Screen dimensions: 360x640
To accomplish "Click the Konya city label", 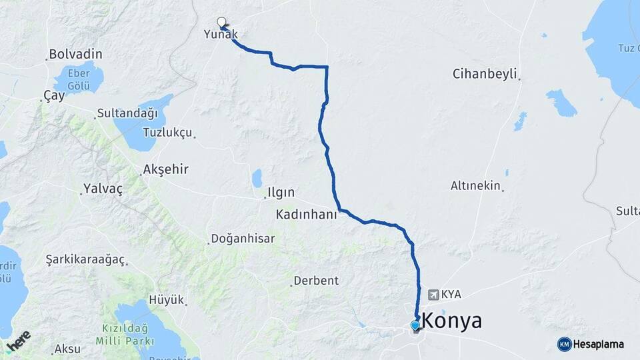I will click(452, 321).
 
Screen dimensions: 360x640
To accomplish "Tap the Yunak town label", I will click(221, 35).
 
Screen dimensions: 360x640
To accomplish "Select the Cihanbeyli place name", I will click(485, 74).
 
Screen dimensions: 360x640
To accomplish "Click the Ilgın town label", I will click(280, 193).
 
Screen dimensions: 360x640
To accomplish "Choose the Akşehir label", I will click(166, 170).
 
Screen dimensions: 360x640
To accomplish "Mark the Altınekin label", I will click(475, 186).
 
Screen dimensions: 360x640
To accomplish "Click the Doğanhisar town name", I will click(243, 239).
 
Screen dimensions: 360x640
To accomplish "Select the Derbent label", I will click(317, 281).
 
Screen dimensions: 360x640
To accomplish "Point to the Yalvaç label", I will click(103, 189).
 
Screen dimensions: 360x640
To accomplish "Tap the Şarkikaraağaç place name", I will click(85, 259).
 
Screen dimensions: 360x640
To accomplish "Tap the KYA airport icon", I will click(434, 294).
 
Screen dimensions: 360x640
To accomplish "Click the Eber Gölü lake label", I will click(79, 79).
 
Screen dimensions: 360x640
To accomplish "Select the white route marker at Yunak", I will click(221, 21).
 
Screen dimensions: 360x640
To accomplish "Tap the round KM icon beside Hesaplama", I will click(564, 344).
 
